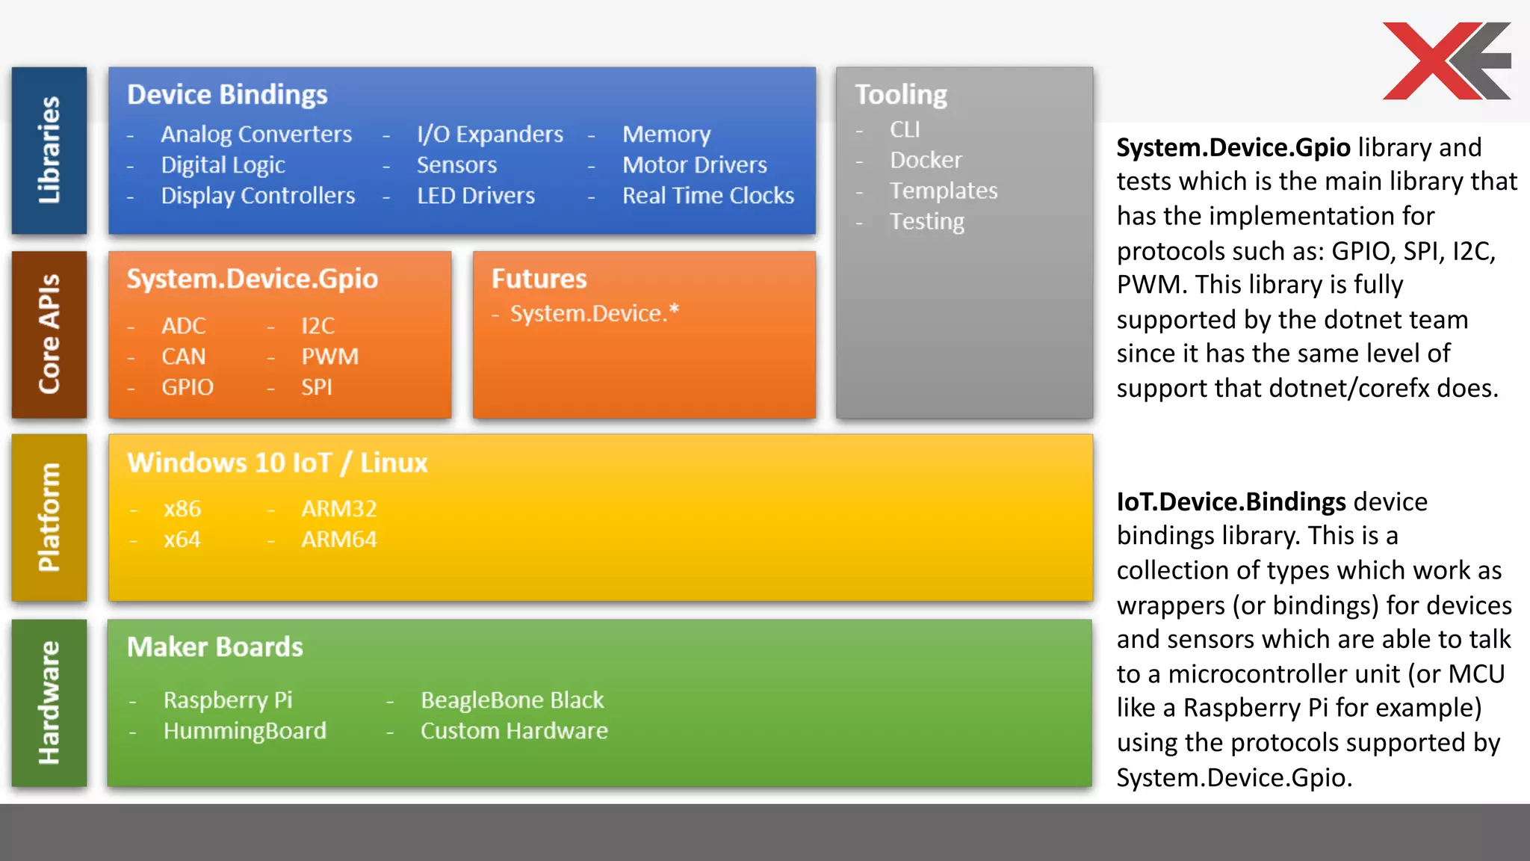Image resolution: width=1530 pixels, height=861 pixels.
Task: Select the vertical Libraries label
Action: (49, 150)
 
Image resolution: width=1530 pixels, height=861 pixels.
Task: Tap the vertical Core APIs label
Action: (49, 334)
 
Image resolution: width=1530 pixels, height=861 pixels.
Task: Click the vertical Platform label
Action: (49, 517)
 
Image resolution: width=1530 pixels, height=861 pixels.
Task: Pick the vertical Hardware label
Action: (49, 703)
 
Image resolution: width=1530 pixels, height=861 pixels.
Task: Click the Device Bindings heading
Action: (227, 95)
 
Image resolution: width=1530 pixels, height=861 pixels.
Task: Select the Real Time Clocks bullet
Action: (707, 196)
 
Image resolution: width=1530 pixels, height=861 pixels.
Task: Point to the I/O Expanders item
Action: (489, 135)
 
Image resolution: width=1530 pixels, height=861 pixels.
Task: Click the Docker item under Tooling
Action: (925, 160)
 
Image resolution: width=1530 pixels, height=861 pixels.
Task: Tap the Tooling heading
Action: (900, 95)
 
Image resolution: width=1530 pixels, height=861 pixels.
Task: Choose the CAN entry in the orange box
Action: (183, 357)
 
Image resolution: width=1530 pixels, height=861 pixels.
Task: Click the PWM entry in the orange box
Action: (329, 357)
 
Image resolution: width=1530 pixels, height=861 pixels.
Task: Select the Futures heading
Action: (539, 279)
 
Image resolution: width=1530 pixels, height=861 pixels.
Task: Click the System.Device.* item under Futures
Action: (594, 313)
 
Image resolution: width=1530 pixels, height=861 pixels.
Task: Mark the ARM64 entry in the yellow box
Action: (338, 540)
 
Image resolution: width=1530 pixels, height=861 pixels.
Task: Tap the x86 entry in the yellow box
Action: (182, 509)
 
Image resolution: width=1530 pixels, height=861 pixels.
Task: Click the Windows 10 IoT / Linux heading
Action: (277, 463)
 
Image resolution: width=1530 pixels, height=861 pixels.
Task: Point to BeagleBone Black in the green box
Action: (512, 700)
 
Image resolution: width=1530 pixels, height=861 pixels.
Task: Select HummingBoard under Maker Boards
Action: (244, 731)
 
